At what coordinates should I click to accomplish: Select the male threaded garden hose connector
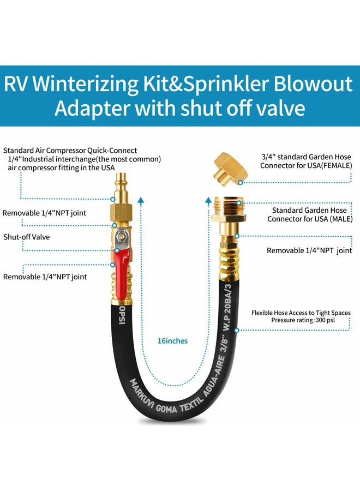click(x=228, y=209)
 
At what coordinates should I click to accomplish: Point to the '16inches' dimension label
click(x=172, y=341)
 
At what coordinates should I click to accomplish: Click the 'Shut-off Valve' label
click(x=27, y=237)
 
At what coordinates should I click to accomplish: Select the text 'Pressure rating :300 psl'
click(x=303, y=320)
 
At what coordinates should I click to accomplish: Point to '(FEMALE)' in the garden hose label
click(x=337, y=165)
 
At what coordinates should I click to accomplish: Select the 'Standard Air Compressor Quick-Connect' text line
click(x=70, y=151)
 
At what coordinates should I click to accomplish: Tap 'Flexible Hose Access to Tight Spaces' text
click(x=301, y=313)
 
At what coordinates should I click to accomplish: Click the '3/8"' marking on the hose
click(x=224, y=343)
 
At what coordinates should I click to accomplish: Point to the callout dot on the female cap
click(x=241, y=182)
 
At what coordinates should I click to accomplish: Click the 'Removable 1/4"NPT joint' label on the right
click(x=309, y=250)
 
